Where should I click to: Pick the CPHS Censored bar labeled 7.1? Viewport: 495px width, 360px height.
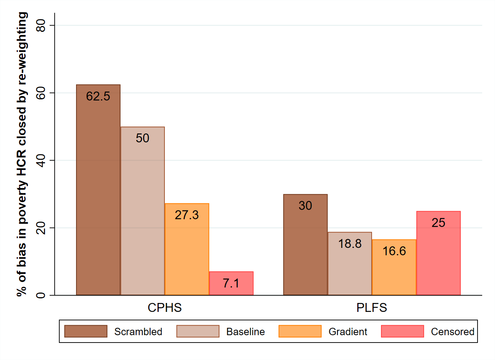pos(231,283)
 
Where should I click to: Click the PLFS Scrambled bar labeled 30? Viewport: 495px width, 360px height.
pos(305,244)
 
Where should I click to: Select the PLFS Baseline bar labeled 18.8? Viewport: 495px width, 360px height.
pos(350,263)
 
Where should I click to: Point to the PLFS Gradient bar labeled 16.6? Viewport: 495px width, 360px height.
pos(394,267)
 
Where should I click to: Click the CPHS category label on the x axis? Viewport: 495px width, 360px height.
pos(164,308)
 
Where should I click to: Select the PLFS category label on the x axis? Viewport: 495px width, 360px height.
pos(372,308)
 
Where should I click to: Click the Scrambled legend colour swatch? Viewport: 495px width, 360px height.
pos(86,331)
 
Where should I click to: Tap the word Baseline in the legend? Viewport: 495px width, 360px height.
pos(246,332)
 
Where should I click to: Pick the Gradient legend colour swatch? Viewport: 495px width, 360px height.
pos(300,331)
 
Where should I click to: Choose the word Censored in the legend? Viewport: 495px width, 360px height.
pos(452,332)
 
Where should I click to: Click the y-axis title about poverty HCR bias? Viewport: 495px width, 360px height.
pos(22,154)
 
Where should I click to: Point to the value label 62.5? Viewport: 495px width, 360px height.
pos(98,96)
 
